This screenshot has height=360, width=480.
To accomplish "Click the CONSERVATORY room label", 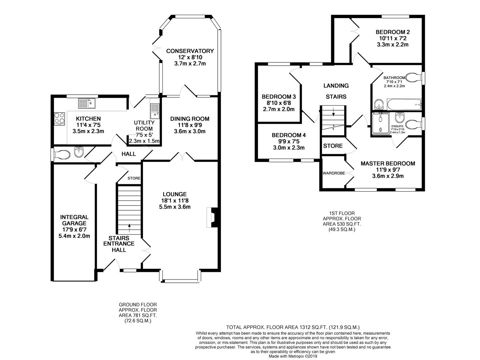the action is click(190, 51).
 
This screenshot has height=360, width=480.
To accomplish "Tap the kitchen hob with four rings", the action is click(59, 118).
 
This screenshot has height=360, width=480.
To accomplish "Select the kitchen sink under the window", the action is click(87, 103).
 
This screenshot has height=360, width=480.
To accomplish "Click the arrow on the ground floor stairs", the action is click(129, 228).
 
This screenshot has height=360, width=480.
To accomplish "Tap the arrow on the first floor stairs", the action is click(333, 112).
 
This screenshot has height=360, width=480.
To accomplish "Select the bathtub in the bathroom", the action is click(404, 104).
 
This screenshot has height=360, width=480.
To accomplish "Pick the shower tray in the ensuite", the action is click(381, 123).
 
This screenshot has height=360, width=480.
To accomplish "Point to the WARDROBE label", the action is click(334, 173).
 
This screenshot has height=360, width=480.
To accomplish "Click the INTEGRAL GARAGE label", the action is click(74, 220).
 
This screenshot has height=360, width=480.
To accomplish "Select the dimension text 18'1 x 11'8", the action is click(175, 200).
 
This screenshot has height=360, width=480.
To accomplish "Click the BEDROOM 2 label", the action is click(393, 32).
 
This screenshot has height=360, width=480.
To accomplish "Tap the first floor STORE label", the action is click(333, 146).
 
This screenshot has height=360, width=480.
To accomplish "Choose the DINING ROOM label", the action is click(190, 119).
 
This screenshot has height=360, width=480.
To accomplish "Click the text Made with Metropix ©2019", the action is click(293, 356).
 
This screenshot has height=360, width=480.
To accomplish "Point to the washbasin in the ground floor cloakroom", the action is click(79, 152).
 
